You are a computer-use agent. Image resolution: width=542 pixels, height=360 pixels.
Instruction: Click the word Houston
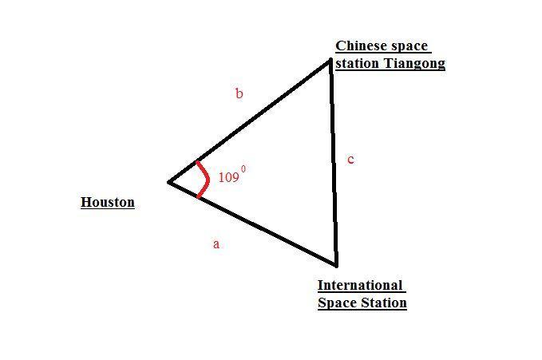108,202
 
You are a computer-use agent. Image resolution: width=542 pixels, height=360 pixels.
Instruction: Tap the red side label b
239,93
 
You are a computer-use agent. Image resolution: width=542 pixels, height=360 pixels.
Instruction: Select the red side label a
216,244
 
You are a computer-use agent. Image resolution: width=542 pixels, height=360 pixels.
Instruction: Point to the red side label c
350,160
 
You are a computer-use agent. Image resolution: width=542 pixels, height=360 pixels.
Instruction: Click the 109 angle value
229,177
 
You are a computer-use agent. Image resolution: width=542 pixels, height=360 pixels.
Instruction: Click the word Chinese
358,46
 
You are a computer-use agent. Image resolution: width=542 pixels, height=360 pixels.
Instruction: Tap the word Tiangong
414,64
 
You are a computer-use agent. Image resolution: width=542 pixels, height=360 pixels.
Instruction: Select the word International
360,285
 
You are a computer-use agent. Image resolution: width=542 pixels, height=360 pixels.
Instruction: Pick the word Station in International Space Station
384,303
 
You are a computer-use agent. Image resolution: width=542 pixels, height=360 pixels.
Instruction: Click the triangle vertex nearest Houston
169,182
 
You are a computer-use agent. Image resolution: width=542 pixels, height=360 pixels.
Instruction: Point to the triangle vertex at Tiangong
330,60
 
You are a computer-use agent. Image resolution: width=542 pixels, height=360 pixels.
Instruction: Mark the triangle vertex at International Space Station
336,266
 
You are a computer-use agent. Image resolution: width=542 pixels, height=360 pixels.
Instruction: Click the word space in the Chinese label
406,46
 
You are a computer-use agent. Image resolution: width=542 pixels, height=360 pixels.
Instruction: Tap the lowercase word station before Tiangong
358,64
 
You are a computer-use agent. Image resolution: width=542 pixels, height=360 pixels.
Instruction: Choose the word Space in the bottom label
338,303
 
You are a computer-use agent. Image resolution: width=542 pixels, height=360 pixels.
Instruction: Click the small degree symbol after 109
243,169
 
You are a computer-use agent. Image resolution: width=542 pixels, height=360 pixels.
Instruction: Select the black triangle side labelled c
334,163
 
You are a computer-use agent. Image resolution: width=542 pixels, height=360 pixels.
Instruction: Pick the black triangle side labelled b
250,121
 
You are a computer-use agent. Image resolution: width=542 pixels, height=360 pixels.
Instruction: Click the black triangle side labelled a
253,224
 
